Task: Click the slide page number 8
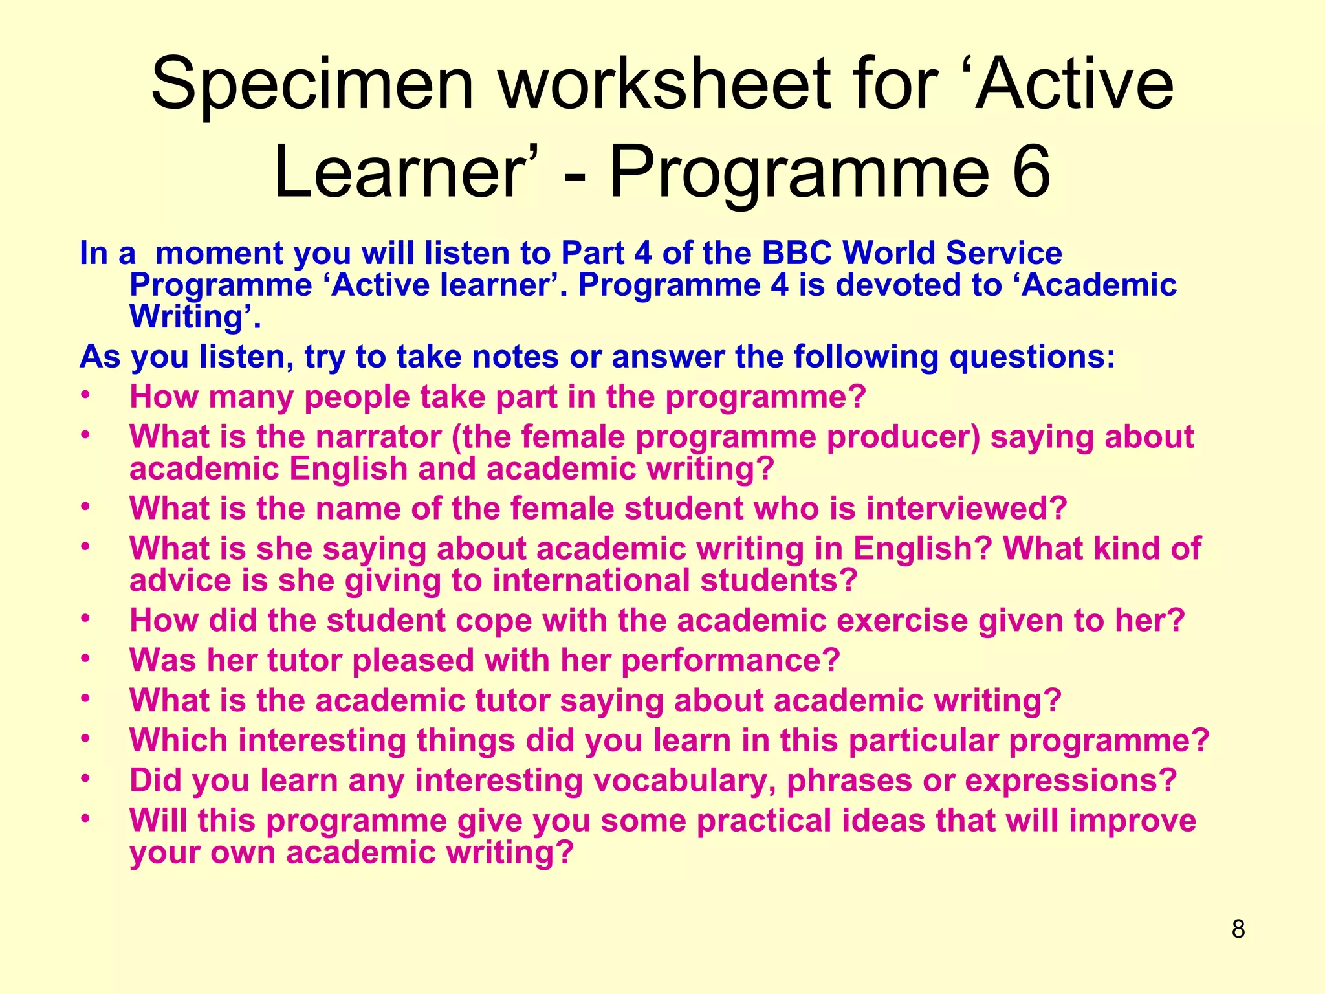tap(1238, 929)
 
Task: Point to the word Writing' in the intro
tap(195, 317)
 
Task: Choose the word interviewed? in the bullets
tap(967, 509)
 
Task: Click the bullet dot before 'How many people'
tap(84, 395)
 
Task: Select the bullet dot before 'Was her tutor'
tap(84, 659)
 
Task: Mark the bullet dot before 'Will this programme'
tap(84, 819)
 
